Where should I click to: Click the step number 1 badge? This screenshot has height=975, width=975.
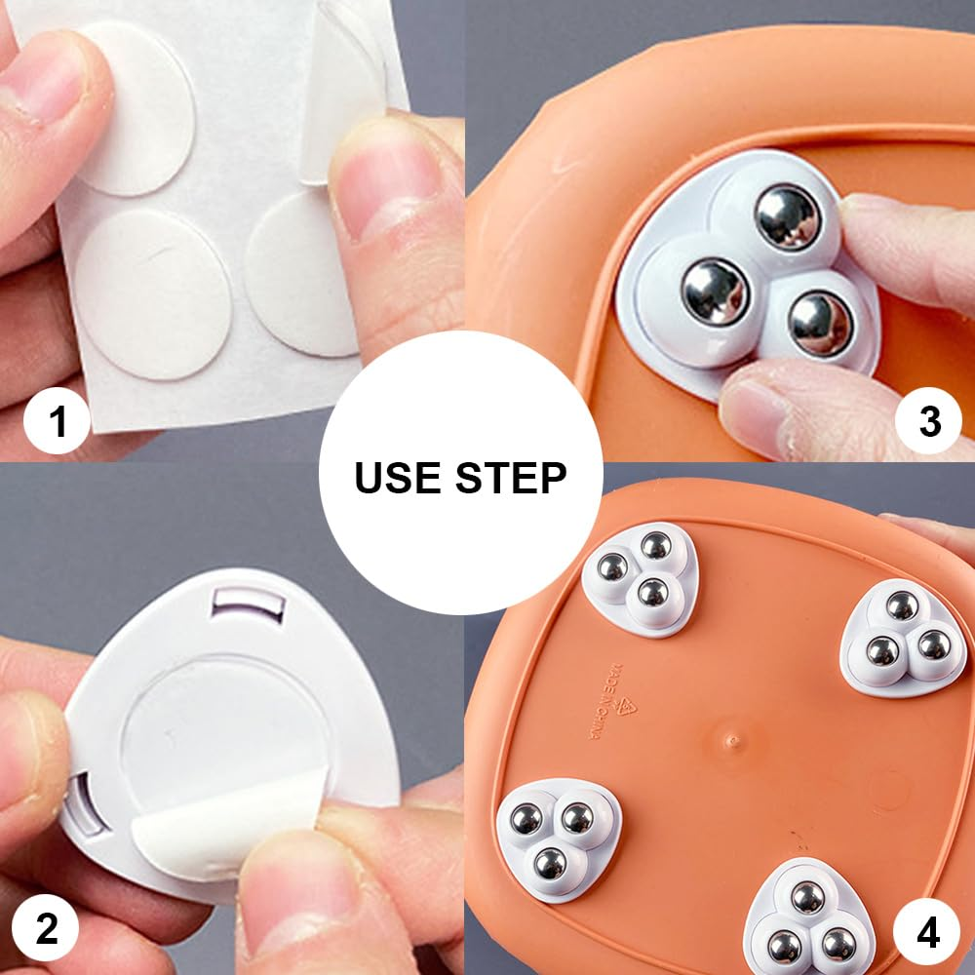[57, 420]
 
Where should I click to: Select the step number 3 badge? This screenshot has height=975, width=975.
[929, 420]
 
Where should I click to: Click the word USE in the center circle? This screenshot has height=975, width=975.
[398, 478]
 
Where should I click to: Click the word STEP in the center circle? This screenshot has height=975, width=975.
[511, 478]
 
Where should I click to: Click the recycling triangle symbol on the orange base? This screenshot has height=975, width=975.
[626, 709]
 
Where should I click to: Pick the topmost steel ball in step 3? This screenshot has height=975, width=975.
[787, 217]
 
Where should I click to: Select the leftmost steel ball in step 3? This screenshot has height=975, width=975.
[715, 292]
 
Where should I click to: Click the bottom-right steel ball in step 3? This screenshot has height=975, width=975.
[820, 325]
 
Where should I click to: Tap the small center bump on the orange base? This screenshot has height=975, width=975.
[733, 740]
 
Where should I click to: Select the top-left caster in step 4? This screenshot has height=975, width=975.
[640, 578]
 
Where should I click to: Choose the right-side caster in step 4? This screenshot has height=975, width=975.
[904, 638]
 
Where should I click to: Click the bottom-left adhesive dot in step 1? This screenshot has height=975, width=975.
[153, 293]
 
